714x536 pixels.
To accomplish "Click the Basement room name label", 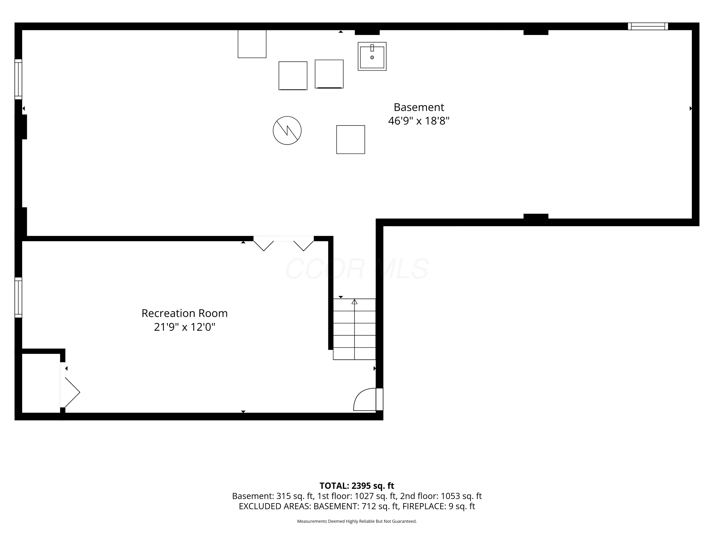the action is point(419,107).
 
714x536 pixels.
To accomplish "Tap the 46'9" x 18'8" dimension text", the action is point(419,121).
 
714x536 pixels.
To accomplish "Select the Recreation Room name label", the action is point(185,314).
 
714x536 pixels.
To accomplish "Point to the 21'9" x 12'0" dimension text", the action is point(185,327).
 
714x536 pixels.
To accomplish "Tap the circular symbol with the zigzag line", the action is point(287,131).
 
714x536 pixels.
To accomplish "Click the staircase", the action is point(354,329).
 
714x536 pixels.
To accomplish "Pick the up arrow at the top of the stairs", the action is point(354,302).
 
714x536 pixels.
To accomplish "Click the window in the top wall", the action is point(648,26).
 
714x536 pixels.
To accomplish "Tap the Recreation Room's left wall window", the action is point(18,297).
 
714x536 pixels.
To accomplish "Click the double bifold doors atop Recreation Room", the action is point(283,243).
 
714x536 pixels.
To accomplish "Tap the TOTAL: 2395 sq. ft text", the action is point(357,485).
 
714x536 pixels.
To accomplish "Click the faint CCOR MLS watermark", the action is point(357,269).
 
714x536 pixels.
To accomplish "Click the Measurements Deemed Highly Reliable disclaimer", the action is point(357,521).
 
